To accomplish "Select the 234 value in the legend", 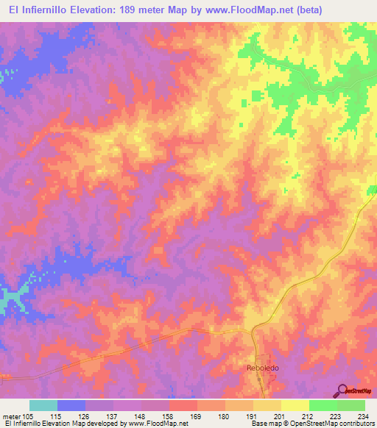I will [x=364, y=415].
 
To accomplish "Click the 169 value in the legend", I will [x=197, y=415].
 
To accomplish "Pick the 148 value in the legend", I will [x=141, y=415].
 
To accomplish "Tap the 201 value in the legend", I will [x=281, y=415].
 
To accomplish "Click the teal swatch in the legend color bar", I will [x=43, y=405].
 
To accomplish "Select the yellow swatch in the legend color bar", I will [x=295, y=405].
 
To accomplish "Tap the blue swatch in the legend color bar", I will [x=71, y=405].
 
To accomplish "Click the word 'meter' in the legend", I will [x=13, y=415].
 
